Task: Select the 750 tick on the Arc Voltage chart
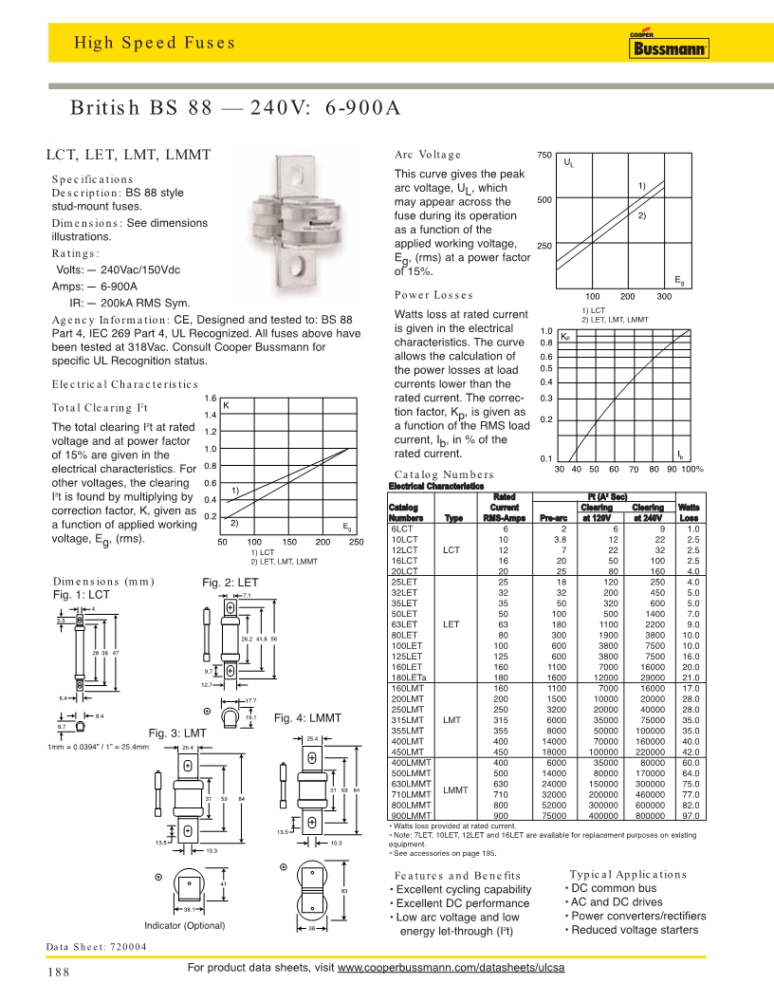(x=545, y=155)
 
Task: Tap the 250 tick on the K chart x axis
(x=356, y=542)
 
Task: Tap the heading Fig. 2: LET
(x=230, y=582)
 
